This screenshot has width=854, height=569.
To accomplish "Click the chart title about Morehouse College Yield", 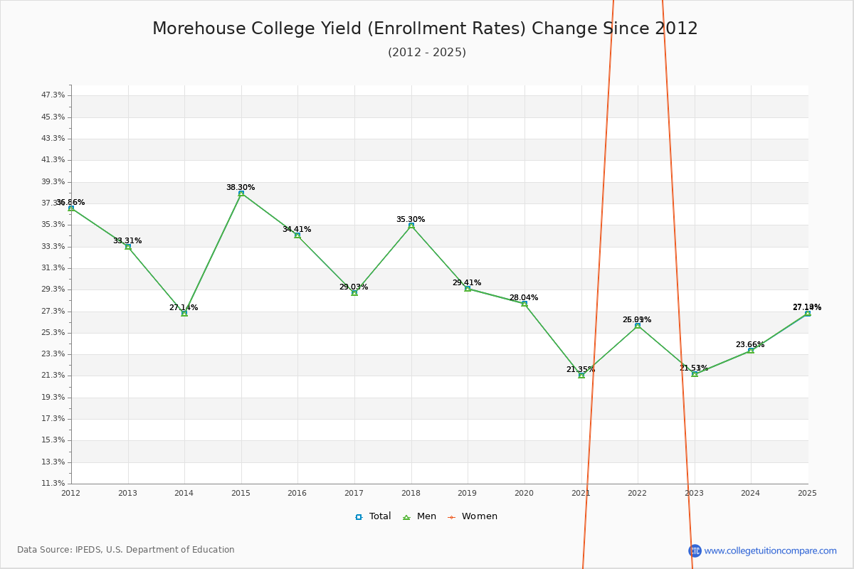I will (x=425, y=28).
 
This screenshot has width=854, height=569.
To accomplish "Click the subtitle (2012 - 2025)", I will (x=426, y=53).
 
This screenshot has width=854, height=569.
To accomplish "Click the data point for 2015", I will (x=241, y=193).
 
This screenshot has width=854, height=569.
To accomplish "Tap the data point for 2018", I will (x=411, y=225).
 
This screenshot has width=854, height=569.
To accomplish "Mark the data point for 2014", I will (x=184, y=313).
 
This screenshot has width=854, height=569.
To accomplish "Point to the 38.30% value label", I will (x=241, y=188).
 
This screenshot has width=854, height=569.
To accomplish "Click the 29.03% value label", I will (x=354, y=287).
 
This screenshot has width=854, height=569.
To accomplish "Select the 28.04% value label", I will (x=524, y=298).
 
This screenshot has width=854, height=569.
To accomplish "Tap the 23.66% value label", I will (x=750, y=345).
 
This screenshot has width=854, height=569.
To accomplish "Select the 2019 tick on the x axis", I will (x=467, y=493).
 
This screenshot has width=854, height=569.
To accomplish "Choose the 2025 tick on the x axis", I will (x=807, y=493).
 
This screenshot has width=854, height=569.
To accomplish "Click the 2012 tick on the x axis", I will (x=71, y=493).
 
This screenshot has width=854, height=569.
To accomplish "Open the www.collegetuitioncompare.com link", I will (x=770, y=551).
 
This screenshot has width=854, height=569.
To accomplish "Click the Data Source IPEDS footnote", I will (x=126, y=550).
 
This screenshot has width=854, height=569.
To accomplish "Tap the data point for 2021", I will (x=581, y=375).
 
